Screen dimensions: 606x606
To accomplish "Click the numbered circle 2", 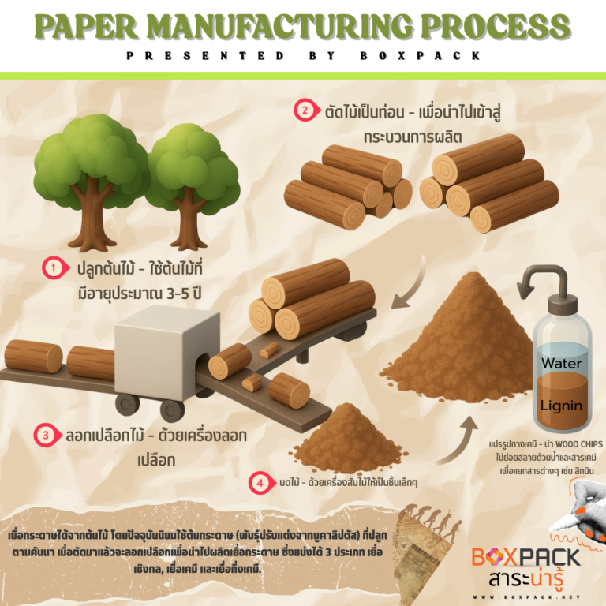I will [304, 110].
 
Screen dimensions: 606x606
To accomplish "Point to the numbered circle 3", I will [47, 434].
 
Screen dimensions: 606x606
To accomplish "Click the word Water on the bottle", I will [561, 365].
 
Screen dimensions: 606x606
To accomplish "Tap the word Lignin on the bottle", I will [561, 406].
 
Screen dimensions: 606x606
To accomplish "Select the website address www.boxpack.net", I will [527, 597].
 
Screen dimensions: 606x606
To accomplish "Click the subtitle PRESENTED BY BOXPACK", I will [303, 56].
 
